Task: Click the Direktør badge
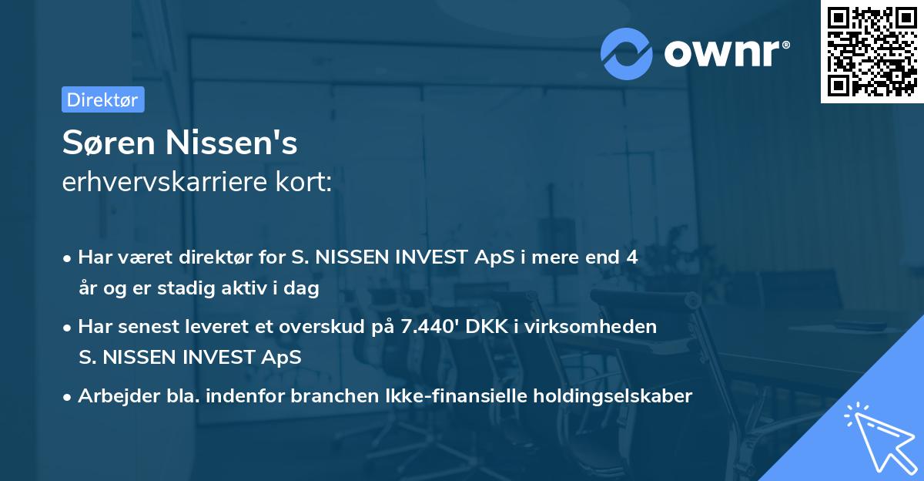click(x=102, y=99)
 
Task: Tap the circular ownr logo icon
click(x=627, y=52)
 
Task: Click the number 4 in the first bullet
click(x=631, y=257)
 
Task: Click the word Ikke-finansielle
click(x=456, y=396)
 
